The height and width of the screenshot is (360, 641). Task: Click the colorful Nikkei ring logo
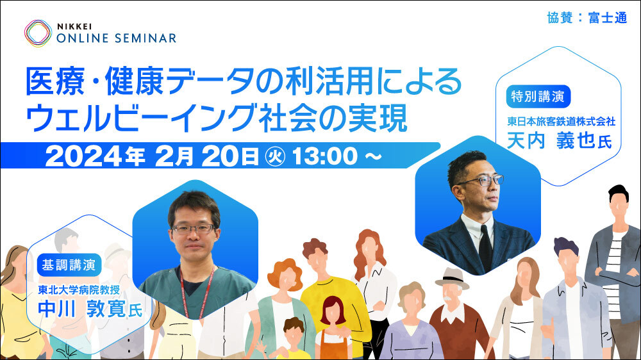(x=38, y=33)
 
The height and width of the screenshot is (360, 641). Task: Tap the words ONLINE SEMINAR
(x=117, y=38)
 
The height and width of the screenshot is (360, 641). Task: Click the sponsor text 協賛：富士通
(x=587, y=17)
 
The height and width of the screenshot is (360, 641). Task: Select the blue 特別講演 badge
(x=538, y=97)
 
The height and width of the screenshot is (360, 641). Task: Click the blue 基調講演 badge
(x=69, y=265)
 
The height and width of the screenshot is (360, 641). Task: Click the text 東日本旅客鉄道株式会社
(x=562, y=121)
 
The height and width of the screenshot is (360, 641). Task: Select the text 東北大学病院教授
(x=79, y=290)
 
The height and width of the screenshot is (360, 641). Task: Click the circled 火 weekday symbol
(x=275, y=156)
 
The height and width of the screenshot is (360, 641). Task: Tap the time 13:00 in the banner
(x=325, y=156)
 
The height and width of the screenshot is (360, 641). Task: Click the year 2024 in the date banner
(x=83, y=156)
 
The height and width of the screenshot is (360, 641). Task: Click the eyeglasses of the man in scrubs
(x=193, y=229)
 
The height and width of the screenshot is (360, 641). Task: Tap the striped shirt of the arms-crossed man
(x=614, y=269)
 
